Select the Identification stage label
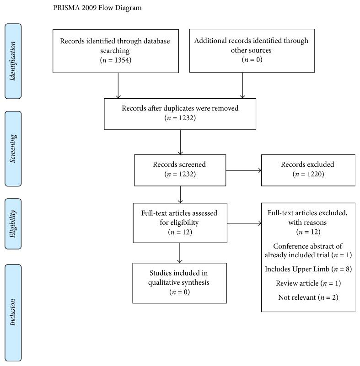(13, 61)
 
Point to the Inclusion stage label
(13, 312)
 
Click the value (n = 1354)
(115, 59)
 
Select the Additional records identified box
(251, 50)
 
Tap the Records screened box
(180, 170)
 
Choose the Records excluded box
(308, 170)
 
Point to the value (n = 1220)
(308, 174)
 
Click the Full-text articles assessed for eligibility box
(180, 223)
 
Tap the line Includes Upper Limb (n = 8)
(308, 269)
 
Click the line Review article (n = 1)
(308, 283)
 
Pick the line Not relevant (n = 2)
(308, 297)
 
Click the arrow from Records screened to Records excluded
(243, 170)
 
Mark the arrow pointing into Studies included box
(180, 253)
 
